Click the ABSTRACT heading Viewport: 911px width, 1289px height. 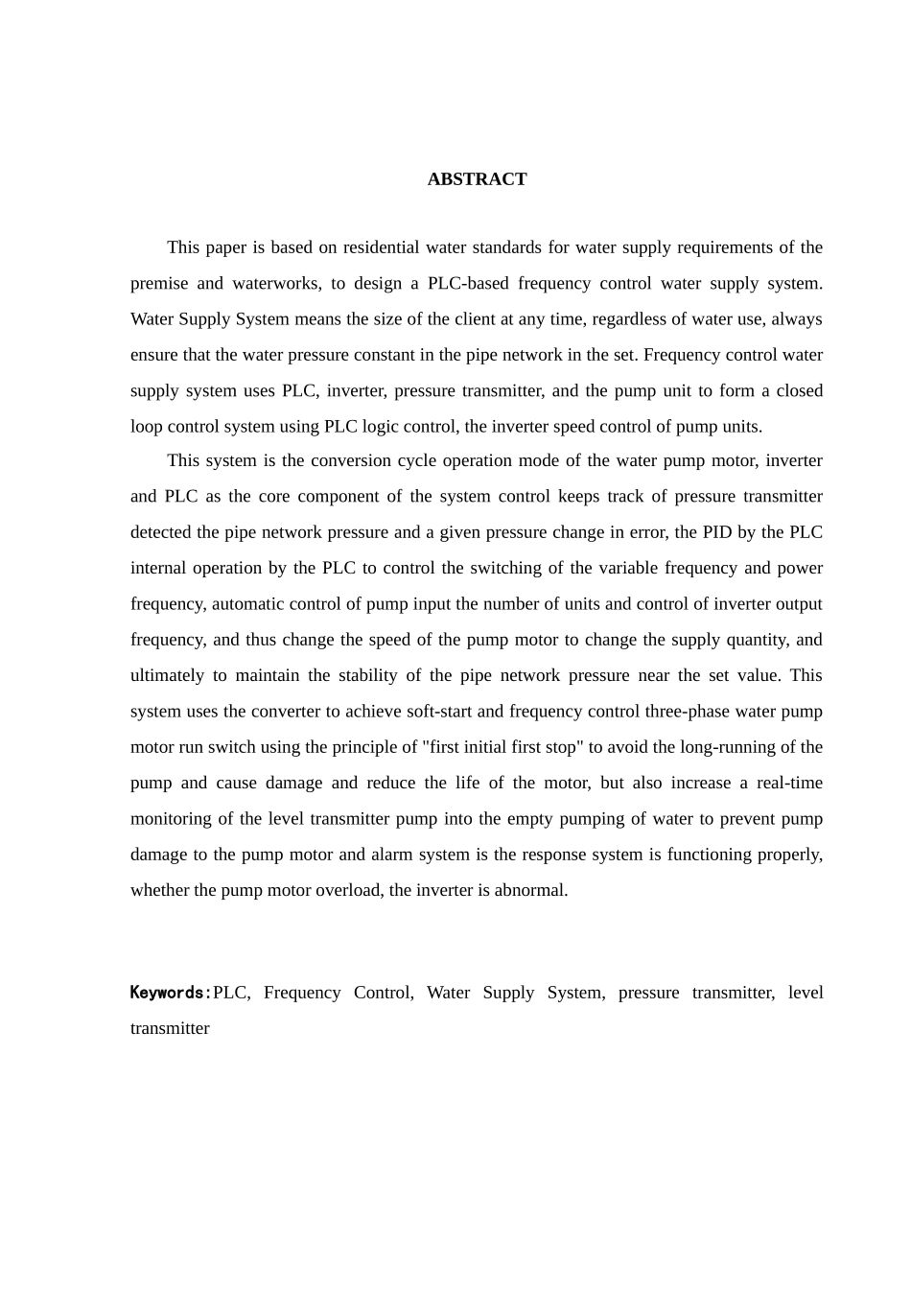coord(477,179)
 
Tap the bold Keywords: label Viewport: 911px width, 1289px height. coord(171,993)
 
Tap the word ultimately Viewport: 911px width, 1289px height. coord(167,675)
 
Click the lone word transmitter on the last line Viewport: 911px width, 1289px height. coord(170,1028)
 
